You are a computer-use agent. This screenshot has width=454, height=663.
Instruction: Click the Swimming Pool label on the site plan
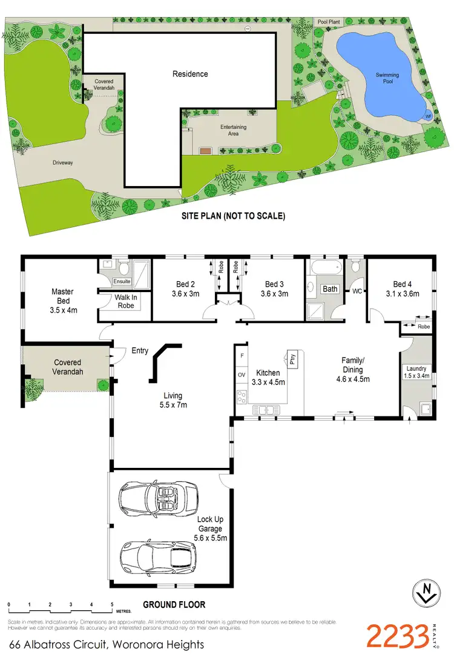click(387, 78)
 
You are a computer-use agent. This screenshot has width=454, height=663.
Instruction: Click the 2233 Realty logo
click(403, 636)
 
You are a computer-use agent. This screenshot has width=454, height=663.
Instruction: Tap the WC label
click(357, 292)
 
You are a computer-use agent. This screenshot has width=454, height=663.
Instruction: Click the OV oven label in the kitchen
click(241, 375)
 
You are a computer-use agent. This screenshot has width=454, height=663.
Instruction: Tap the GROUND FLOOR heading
click(174, 604)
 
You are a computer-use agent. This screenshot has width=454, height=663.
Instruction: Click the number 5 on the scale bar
click(112, 604)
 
